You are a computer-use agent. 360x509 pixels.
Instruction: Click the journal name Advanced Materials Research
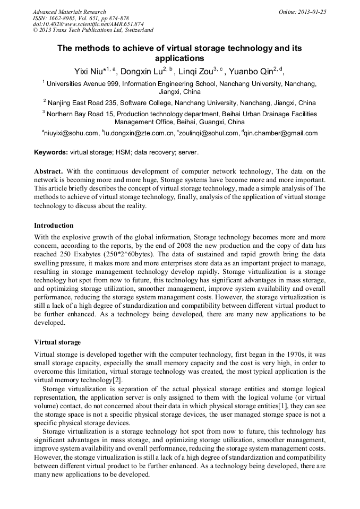(x=70, y=12)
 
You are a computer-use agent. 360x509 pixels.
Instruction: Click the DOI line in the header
(x=88, y=24)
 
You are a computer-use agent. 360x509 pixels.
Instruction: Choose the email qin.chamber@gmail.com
(x=281, y=133)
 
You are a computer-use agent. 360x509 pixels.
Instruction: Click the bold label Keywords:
(x=51, y=152)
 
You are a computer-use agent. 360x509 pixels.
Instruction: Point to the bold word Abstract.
(x=48, y=171)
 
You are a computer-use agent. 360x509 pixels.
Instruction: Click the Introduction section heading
(x=54, y=226)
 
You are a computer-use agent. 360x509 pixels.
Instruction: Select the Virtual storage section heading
(x=57, y=342)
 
